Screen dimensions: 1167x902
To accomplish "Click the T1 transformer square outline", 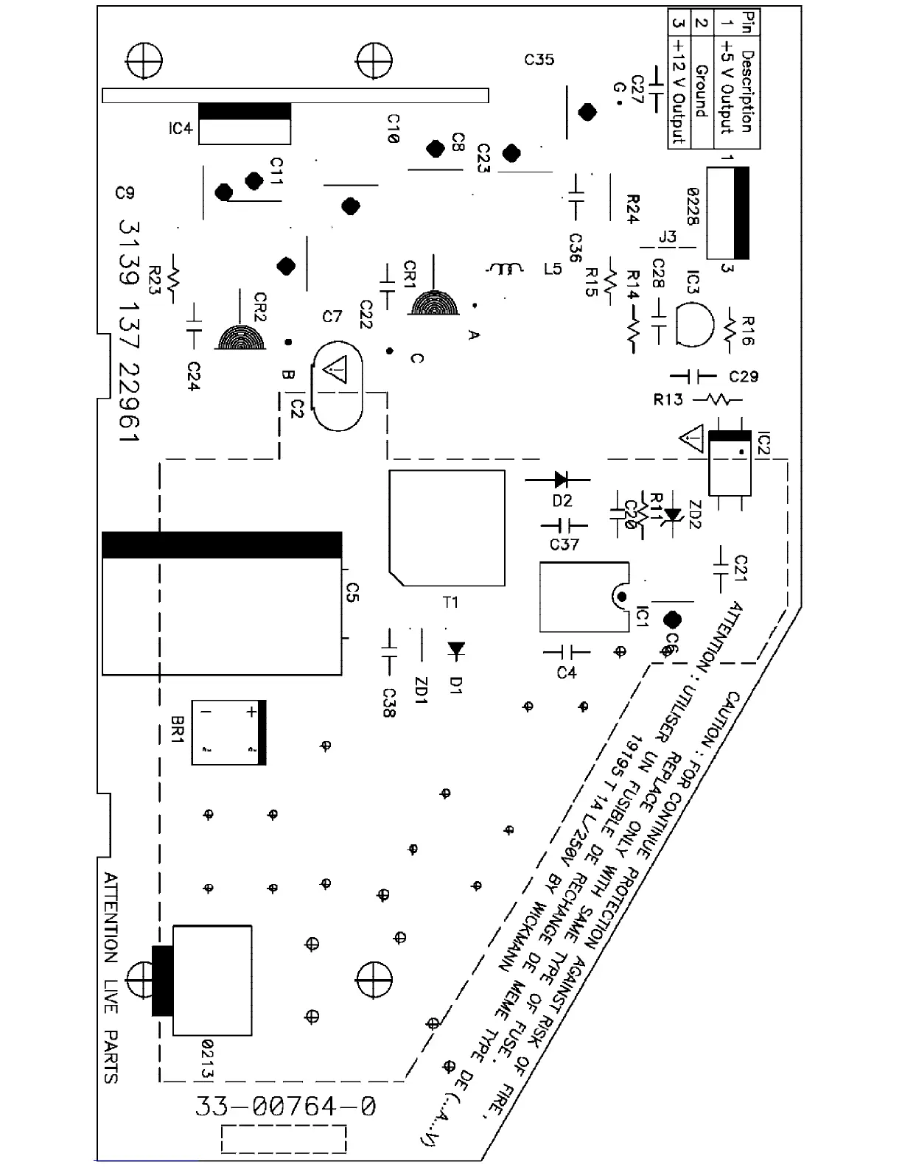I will (447, 528).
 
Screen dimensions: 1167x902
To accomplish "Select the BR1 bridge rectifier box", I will (228, 732).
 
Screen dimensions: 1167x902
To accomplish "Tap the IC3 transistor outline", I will (693, 325).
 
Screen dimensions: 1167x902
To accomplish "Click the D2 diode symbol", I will (560, 480).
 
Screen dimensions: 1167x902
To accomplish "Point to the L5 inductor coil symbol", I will (506, 269).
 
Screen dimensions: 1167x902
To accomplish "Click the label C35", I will (539, 59).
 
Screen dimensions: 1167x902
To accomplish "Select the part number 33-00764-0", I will (285, 1107).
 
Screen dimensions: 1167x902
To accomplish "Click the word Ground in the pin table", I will (701, 91).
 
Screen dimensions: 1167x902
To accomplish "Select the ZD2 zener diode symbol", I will (671, 514).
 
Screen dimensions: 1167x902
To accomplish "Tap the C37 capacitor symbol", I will (564, 526).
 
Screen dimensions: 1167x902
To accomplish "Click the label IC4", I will (180, 129).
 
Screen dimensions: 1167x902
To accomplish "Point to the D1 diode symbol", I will (456, 649).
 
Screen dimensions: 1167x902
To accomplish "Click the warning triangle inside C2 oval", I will (337, 370).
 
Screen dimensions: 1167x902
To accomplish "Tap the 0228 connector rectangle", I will (727, 213).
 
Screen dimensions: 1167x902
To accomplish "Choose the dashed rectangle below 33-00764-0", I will (284, 1139).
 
